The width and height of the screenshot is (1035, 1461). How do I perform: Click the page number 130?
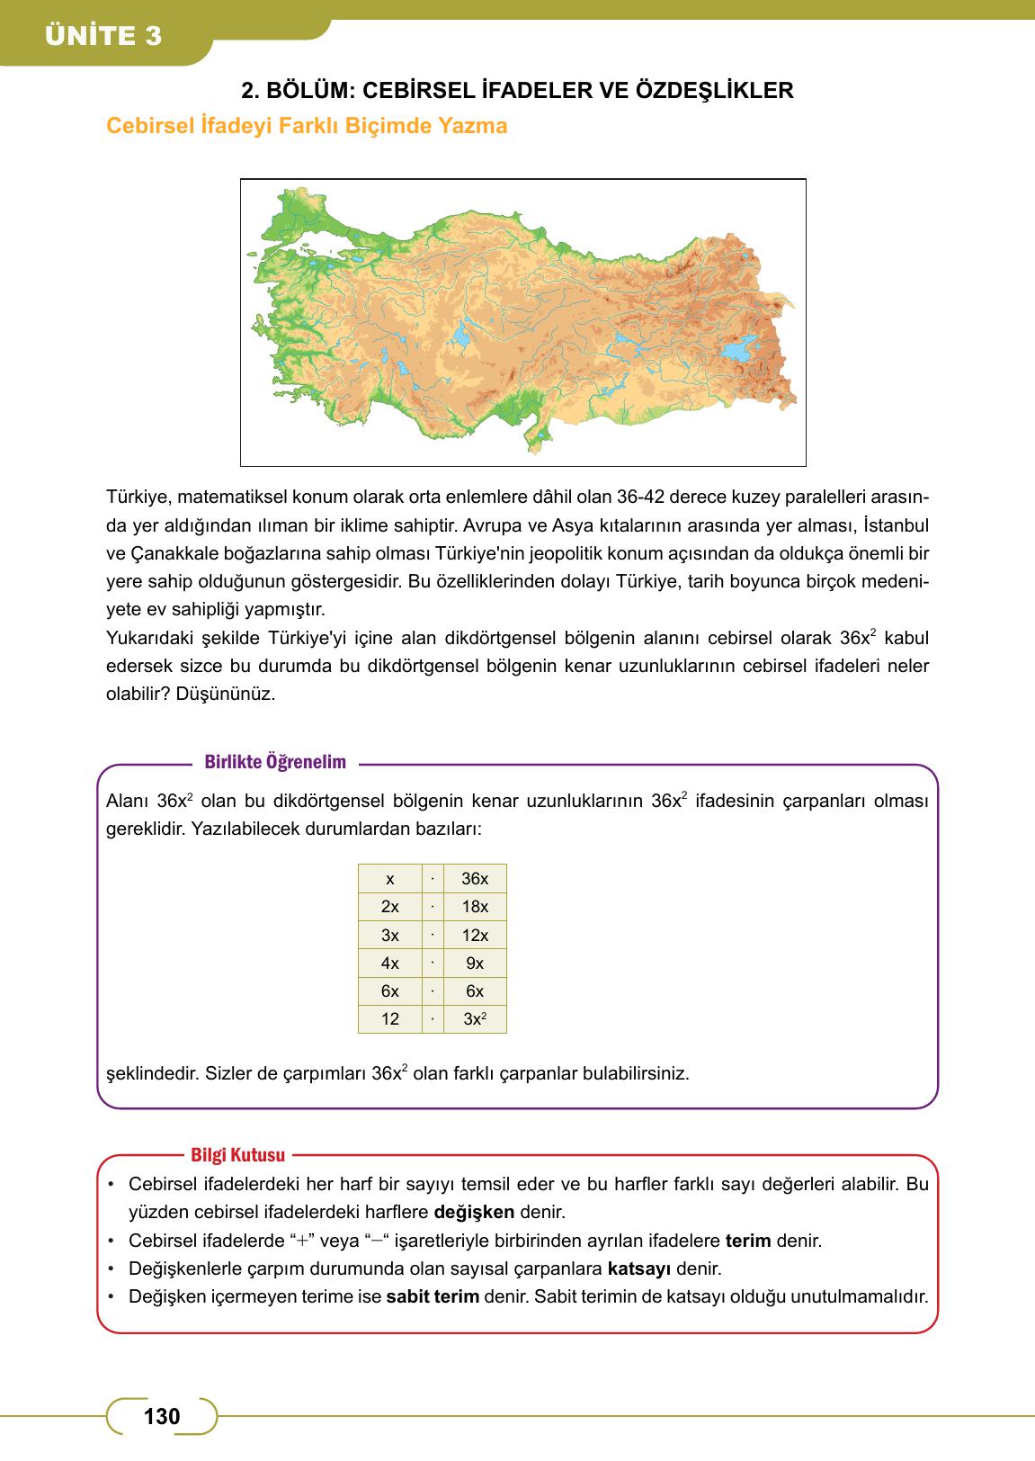point(162,1417)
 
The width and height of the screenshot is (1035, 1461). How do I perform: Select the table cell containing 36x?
point(474,878)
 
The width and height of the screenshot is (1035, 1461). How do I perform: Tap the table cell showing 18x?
point(474,907)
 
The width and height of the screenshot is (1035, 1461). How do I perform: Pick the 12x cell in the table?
point(474,936)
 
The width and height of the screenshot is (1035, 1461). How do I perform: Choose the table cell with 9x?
point(474,964)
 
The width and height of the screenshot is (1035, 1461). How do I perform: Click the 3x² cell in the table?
point(474,1019)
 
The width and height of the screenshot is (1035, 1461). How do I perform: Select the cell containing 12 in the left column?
point(389,1019)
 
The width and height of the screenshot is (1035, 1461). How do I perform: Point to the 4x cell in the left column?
point(389,964)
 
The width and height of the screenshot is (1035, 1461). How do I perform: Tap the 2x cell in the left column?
point(389,907)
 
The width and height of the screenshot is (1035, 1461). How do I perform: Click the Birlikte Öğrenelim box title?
point(275,763)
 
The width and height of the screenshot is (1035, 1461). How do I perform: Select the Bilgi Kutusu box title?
point(237,1155)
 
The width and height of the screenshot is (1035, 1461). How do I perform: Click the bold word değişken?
point(480,1212)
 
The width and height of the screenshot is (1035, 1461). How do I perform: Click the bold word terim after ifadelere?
point(748,1241)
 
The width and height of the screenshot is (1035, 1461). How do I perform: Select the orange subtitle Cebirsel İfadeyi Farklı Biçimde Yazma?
point(307,126)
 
